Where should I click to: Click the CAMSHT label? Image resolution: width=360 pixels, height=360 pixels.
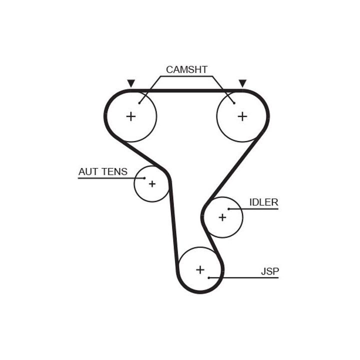pos(186,69)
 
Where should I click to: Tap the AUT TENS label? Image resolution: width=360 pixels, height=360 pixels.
pos(103,172)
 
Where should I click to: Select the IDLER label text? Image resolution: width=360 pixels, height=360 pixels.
pos(263,202)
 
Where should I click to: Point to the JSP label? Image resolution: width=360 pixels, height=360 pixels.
pos(270,271)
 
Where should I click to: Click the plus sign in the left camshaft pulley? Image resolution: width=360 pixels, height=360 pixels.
pos(131,116)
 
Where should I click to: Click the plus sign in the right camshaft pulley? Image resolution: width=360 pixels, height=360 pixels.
pos(242,116)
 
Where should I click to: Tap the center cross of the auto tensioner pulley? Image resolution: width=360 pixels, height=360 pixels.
pos(152,184)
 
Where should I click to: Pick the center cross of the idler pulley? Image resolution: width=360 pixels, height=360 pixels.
pos(222,217)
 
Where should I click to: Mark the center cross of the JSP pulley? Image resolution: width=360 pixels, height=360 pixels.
pos(200,270)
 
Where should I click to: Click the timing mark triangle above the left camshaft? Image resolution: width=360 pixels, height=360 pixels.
pos(131,83)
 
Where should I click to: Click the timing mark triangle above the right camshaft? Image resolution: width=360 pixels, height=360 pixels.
pos(243,83)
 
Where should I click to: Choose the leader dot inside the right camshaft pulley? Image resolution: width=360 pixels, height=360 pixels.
pos(234,103)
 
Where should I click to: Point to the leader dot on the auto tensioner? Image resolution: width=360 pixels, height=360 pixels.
pos(144,178)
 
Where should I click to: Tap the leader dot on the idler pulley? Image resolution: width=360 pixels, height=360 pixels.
pos(228,209)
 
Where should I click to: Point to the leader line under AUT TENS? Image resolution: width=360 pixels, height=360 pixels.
pos(110,178)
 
